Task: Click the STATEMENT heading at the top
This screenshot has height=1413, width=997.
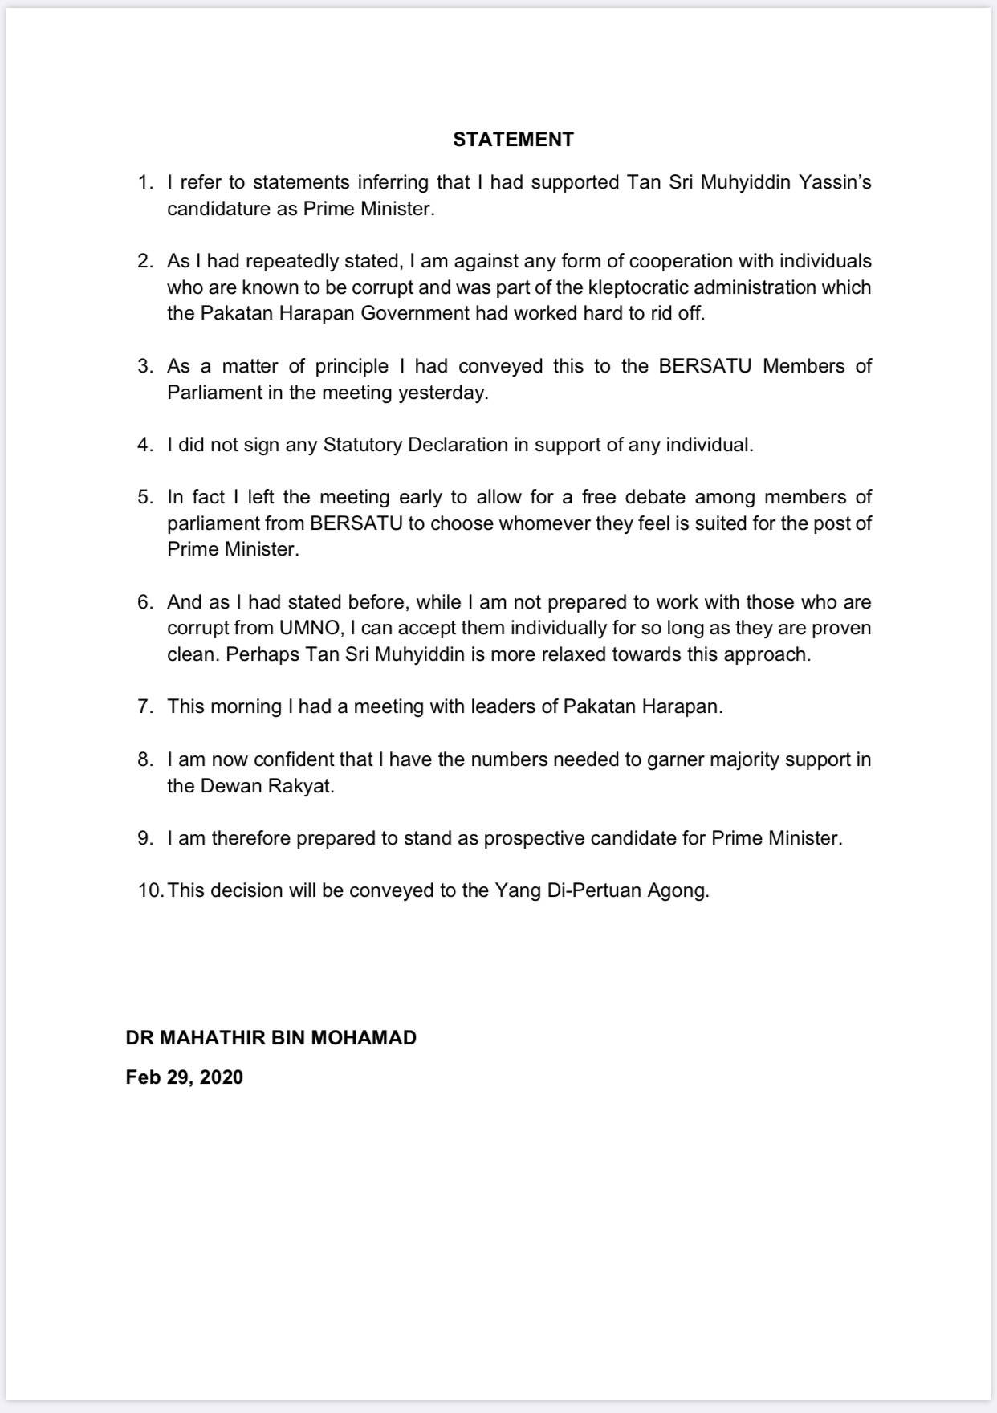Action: pos(513,140)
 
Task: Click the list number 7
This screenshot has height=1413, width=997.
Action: pos(144,706)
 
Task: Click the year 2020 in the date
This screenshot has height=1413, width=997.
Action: pos(221,1077)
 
